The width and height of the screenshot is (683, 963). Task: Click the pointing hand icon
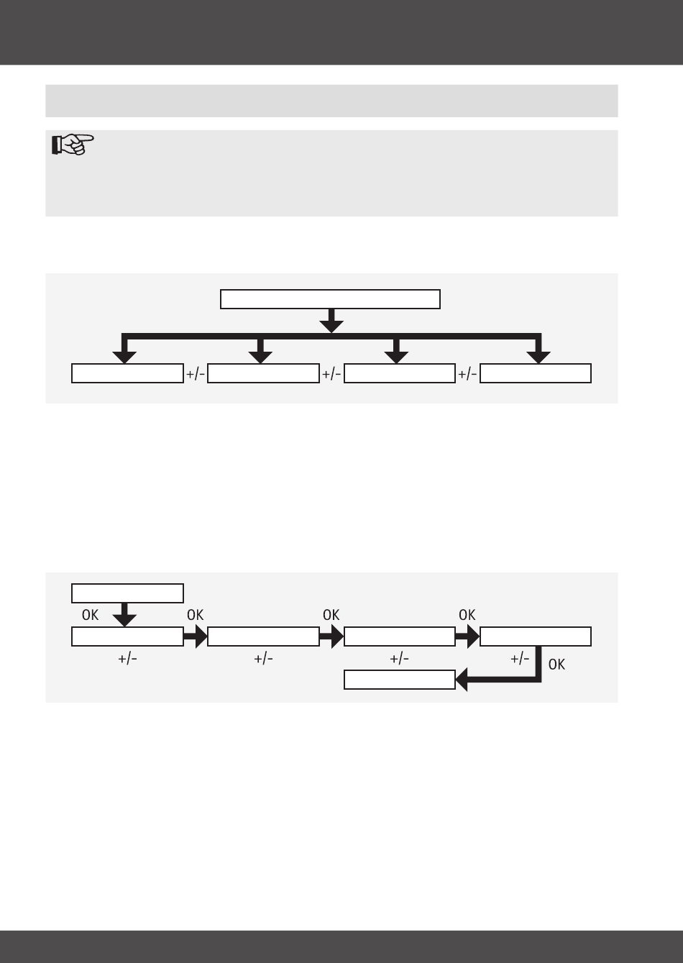click(x=73, y=145)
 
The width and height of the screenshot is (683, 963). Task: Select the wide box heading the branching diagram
click(x=330, y=298)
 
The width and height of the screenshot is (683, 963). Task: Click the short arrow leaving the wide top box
click(x=331, y=320)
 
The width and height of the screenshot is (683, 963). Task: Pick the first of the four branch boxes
click(x=127, y=373)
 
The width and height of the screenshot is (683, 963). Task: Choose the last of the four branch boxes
click(x=536, y=373)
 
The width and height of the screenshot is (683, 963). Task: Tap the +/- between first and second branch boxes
click(x=196, y=374)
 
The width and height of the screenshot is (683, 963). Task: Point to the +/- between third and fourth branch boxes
click(x=467, y=374)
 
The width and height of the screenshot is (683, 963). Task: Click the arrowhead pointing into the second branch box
click(x=261, y=355)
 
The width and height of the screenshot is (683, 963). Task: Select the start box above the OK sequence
click(x=127, y=593)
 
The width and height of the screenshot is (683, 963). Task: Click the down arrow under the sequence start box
click(x=125, y=615)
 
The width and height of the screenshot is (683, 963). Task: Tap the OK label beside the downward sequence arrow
click(x=90, y=616)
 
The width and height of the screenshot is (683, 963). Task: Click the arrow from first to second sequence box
click(x=195, y=636)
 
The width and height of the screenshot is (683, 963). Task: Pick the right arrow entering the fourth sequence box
click(x=467, y=636)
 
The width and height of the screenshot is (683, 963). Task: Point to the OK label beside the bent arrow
click(x=556, y=665)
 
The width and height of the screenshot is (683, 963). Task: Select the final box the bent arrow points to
click(x=400, y=680)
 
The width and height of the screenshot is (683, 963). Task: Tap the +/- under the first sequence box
click(x=127, y=660)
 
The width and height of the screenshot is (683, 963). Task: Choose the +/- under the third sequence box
click(x=400, y=660)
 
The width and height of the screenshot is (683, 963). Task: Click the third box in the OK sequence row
click(x=400, y=636)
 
